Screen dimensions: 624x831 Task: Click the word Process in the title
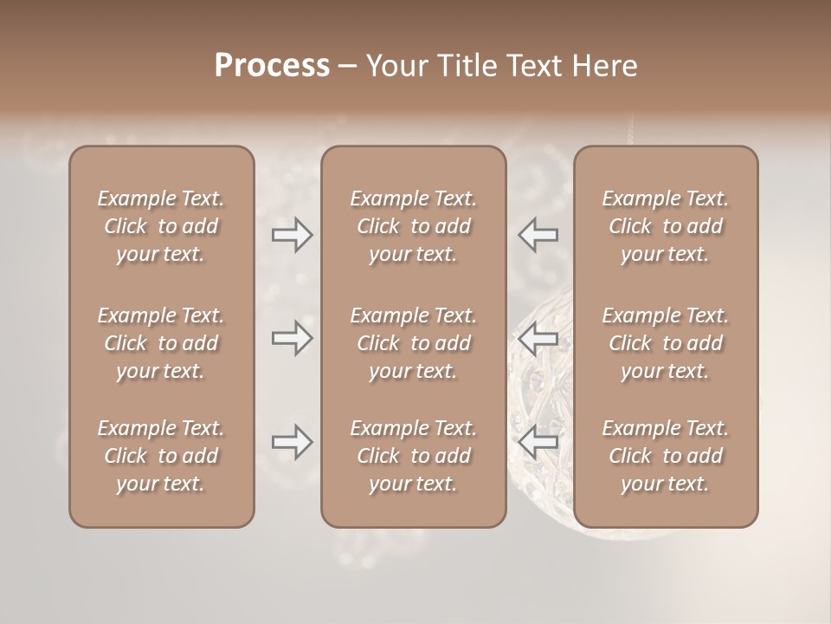click(272, 66)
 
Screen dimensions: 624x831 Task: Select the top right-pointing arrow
click(293, 235)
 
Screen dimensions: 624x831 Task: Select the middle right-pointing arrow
click(293, 338)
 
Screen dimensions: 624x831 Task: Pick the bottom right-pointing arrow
click(293, 442)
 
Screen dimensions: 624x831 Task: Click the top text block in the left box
click(161, 226)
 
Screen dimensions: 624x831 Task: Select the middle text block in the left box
click(161, 343)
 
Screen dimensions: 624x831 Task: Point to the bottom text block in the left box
click(161, 456)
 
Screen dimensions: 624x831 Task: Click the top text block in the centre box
click(413, 226)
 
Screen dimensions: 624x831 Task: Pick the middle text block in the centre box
click(413, 343)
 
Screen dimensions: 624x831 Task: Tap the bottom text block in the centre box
click(413, 456)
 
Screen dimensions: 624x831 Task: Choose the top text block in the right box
click(666, 226)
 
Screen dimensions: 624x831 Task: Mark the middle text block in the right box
click(666, 343)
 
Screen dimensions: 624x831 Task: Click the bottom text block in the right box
click(666, 456)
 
